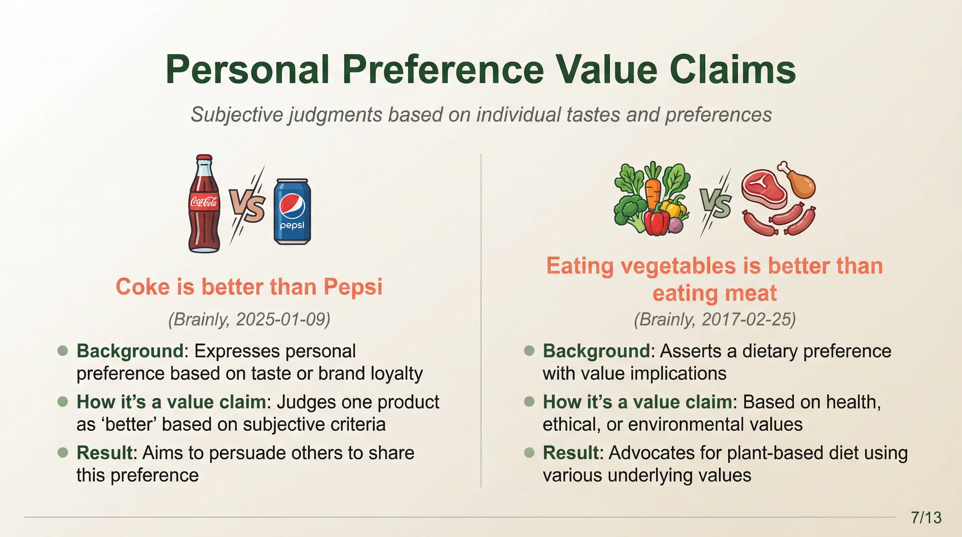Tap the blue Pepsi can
tap(292, 212)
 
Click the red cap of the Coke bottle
tap(204, 158)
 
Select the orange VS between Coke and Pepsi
tap(247, 205)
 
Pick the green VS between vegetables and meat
tap(716, 203)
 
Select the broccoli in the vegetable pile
tap(629, 213)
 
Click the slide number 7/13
tap(926, 517)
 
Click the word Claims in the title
tap(732, 70)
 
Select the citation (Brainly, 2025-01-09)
tap(249, 319)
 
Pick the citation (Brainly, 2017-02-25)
tap(715, 319)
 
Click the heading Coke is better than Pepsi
tap(249, 287)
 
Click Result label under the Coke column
tap(105, 453)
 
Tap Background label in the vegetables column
tap(596, 351)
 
